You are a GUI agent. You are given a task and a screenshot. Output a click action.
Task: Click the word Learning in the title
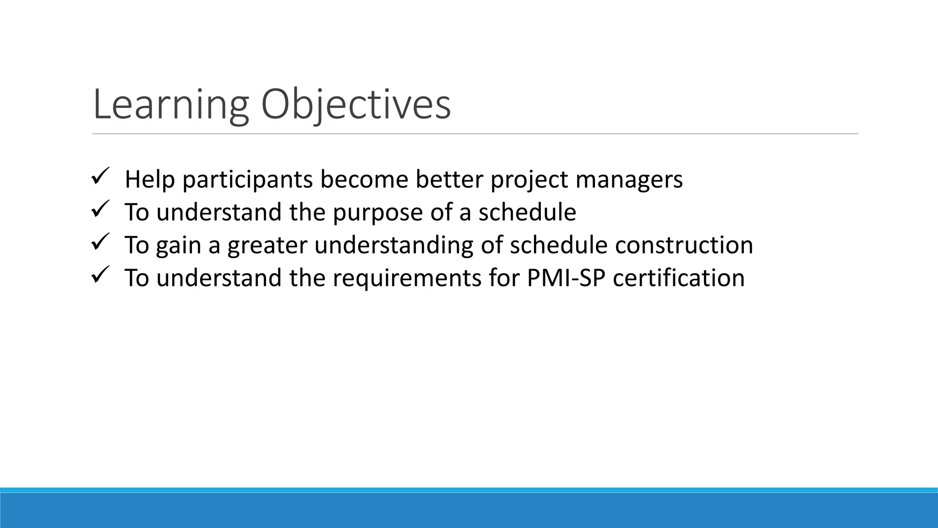pyautogui.click(x=170, y=105)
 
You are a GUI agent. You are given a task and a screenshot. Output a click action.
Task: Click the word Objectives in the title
pyautogui.click(x=356, y=105)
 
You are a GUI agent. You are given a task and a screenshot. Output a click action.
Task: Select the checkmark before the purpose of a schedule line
pyautogui.click(x=99, y=209)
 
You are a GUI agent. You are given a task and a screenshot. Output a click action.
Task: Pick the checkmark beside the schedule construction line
pyautogui.click(x=99, y=242)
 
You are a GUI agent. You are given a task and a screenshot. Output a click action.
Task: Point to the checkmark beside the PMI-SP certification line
pyautogui.click(x=99, y=275)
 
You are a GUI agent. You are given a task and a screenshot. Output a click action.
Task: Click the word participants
pyautogui.click(x=248, y=180)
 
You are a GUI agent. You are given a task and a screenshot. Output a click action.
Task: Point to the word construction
pyautogui.click(x=684, y=245)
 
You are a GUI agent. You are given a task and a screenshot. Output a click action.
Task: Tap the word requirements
pyautogui.click(x=407, y=278)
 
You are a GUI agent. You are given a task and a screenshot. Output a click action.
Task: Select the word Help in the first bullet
pyautogui.click(x=150, y=180)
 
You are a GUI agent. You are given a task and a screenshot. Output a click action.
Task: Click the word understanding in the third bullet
pyautogui.click(x=394, y=246)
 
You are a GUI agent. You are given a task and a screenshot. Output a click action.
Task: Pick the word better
pyautogui.click(x=449, y=179)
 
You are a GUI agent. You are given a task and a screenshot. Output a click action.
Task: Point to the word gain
pyautogui.click(x=178, y=246)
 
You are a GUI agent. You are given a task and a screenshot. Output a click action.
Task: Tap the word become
pyautogui.click(x=364, y=179)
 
